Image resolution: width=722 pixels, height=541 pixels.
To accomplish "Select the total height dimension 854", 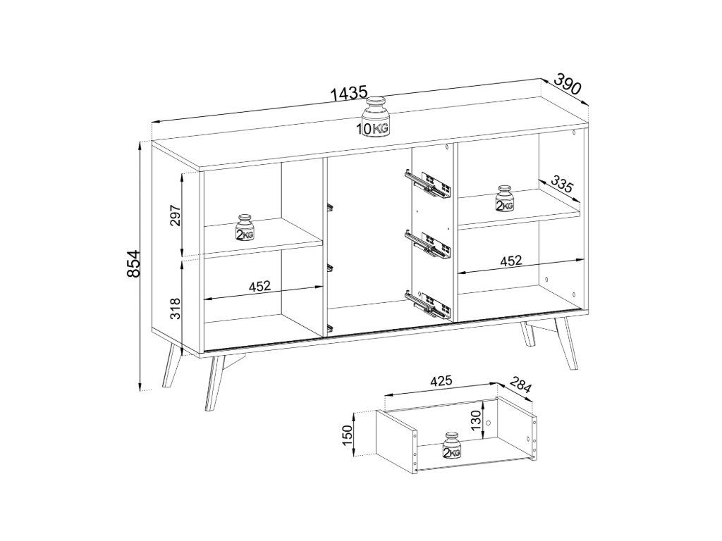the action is coord(133,263).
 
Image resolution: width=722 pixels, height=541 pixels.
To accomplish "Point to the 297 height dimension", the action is coord(176,216).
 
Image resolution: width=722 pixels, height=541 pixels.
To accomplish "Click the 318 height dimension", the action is coord(176,309).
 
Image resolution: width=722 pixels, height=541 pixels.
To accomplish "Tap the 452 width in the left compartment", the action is coord(259,286).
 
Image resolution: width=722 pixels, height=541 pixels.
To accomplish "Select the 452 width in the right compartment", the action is coord(511,261).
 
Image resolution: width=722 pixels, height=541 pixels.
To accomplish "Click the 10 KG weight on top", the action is coord(374,117).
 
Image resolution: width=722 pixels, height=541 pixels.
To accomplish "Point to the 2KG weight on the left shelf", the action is coord(245,228).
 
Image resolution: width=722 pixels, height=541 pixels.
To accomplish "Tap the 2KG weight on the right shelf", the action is coord(504,198).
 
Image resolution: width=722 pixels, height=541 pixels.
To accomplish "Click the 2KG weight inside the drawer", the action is coord(452,446).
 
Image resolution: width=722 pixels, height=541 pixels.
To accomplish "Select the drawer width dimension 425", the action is coord(441,380).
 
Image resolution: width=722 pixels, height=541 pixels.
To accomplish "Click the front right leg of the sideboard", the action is coord(566,342).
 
